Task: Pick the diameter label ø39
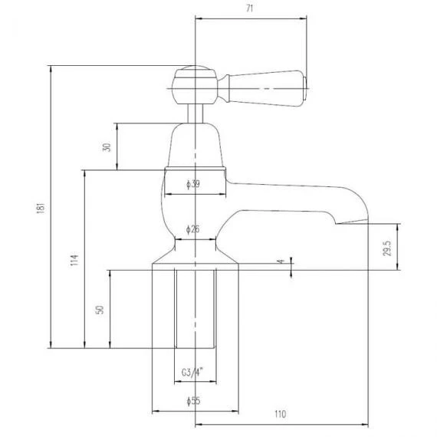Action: (x=195, y=183)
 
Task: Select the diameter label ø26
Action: (x=195, y=229)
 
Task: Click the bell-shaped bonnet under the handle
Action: (x=195, y=145)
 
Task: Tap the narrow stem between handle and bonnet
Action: (x=196, y=113)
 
